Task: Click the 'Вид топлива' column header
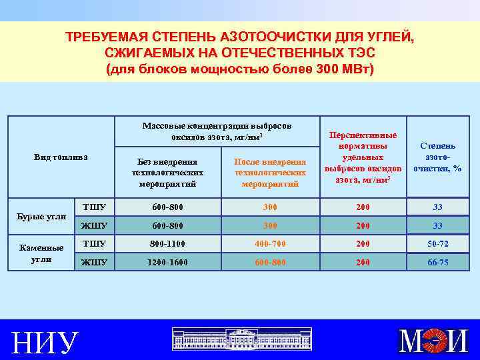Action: (61, 157)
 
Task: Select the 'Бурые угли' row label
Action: (42, 216)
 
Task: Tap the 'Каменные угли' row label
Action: (41, 253)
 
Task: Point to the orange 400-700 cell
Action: (269, 244)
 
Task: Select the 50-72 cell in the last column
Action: (438, 244)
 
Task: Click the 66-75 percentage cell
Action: (438, 263)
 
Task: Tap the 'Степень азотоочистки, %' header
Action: (437, 157)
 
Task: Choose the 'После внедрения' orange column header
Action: (270, 173)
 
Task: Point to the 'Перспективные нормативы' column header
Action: (363, 157)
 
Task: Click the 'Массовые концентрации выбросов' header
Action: (217, 131)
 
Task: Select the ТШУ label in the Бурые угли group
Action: (93, 207)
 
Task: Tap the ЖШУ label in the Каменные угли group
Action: (93, 263)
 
